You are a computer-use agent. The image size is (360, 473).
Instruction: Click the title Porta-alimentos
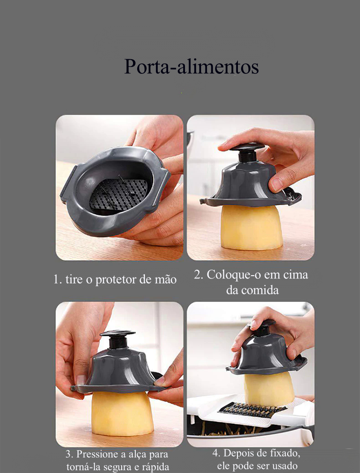(x=191, y=67)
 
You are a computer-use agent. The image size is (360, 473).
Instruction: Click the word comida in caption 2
(x=260, y=290)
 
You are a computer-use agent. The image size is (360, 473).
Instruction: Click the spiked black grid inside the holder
(x=118, y=193)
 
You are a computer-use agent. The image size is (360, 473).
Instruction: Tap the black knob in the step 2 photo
(x=247, y=151)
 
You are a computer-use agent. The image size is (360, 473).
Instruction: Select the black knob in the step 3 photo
(x=118, y=339)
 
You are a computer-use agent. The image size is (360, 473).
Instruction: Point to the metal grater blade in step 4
(x=252, y=410)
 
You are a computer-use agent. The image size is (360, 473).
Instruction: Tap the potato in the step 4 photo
(x=269, y=389)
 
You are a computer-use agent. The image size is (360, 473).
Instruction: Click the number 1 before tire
(x=57, y=280)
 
